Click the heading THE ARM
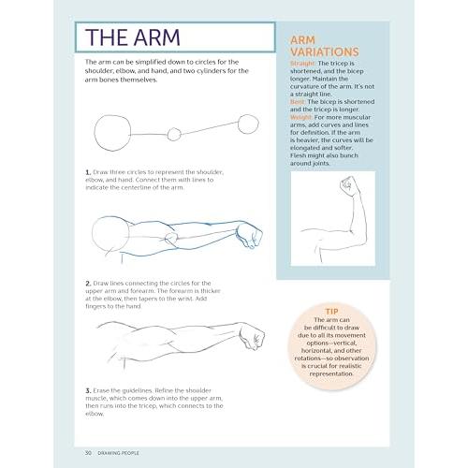(x=133, y=37)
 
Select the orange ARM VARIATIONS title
(x=325, y=46)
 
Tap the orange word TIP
(x=331, y=312)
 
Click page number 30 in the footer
(x=88, y=453)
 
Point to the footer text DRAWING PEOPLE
(x=118, y=453)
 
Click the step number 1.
(x=88, y=172)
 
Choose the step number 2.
(x=88, y=284)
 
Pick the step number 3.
(x=88, y=390)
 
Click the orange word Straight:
(x=303, y=64)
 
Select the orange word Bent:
(x=298, y=102)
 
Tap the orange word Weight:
(x=301, y=117)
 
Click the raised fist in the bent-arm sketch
(x=346, y=186)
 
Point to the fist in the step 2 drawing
(x=249, y=235)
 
